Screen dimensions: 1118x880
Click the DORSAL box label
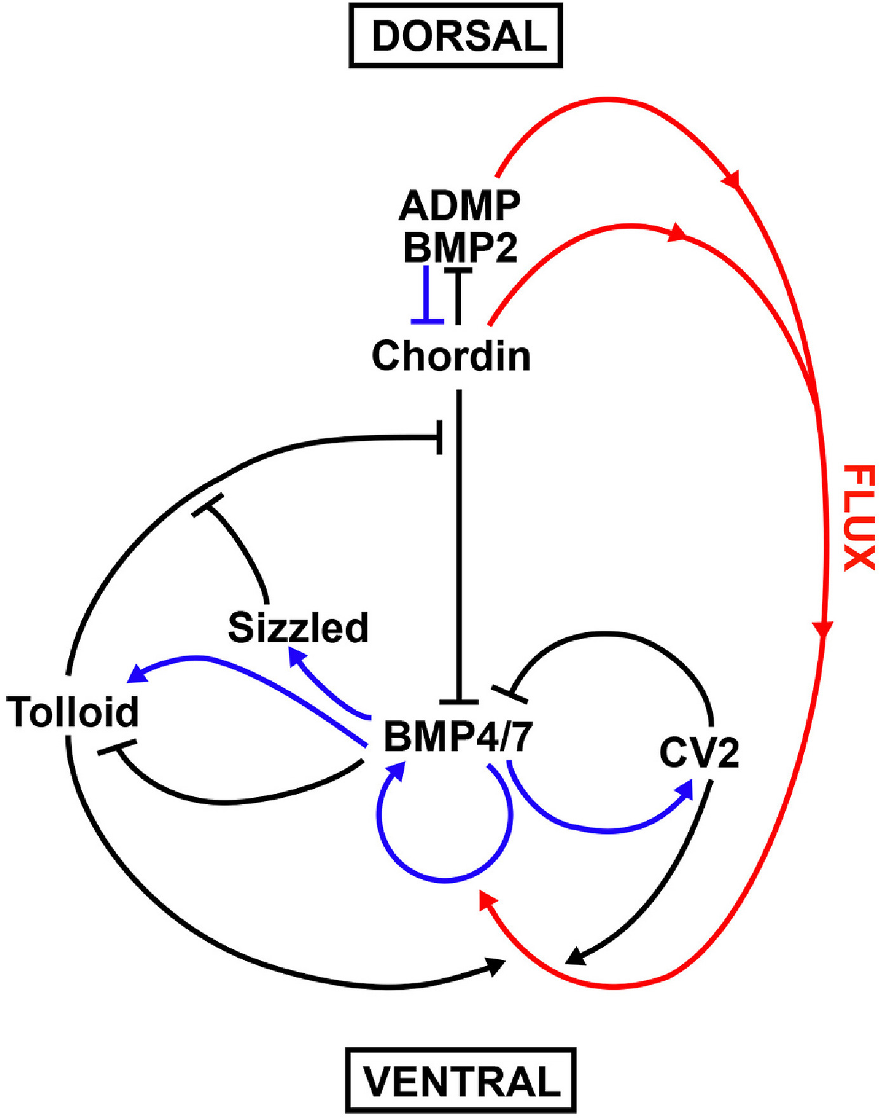(x=456, y=36)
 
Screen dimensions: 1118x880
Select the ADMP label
(x=460, y=205)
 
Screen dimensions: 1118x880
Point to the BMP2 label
(x=460, y=246)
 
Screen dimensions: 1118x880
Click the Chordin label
(x=451, y=355)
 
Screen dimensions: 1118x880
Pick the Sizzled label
(x=298, y=628)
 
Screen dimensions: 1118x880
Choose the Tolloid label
(x=73, y=711)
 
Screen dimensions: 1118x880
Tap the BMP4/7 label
(x=458, y=737)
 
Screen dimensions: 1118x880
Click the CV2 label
(x=699, y=753)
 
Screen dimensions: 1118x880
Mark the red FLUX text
(x=860, y=517)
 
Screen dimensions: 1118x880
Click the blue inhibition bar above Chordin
(x=427, y=321)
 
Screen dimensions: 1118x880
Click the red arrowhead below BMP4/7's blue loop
(x=487, y=900)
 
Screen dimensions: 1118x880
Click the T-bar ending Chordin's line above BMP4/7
(x=458, y=701)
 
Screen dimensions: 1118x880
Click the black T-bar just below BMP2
(x=458, y=272)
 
